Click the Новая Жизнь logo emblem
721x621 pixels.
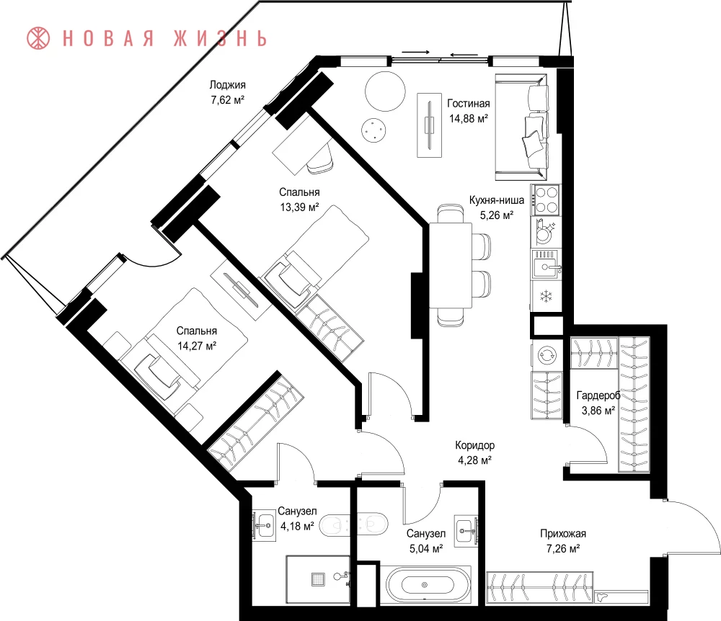(38, 38)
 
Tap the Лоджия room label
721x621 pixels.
(228, 85)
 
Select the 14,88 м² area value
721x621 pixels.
(469, 118)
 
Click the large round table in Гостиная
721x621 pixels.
(385, 91)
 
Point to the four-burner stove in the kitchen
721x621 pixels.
(547, 200)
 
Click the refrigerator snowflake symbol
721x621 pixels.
(547, 296)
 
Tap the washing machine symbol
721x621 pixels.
(547, 354)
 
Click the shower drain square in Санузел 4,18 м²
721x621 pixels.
(318, 579)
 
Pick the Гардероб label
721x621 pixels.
(598, 396)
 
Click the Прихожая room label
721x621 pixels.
(563, 534)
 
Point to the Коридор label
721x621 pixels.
(475, 445)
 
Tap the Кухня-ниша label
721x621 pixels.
(497, 200)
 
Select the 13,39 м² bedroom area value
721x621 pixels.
(300, 207)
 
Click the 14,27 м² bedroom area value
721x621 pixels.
(198, 346)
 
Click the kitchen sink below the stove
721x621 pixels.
(547, 264)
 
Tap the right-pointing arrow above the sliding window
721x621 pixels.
(416, 52)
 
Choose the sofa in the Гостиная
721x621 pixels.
(521, 127)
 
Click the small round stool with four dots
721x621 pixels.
(373, 130)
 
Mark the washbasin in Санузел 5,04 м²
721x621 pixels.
(466, 532)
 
